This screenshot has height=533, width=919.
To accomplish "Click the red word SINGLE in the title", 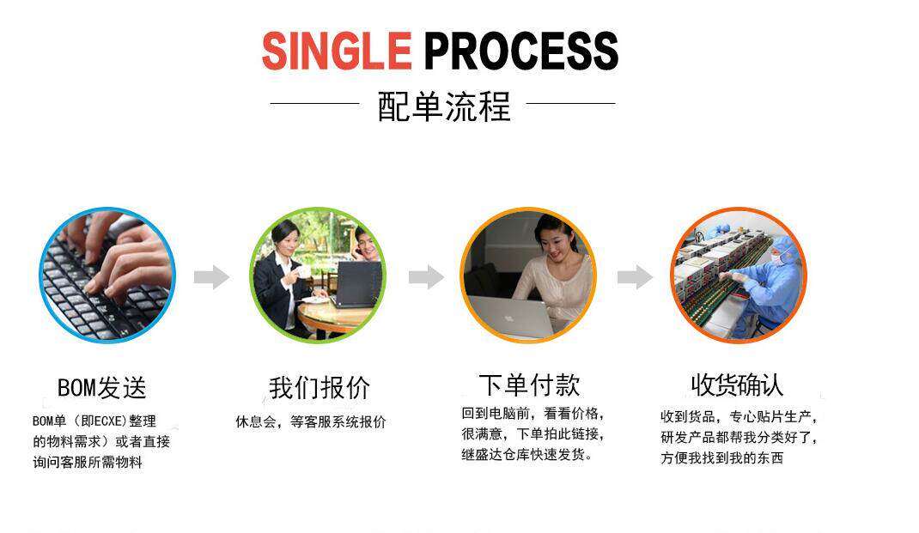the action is pyautogui.click(x=337, y=51).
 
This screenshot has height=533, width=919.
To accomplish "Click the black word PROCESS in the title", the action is pyautogui.click(x=520, y=51).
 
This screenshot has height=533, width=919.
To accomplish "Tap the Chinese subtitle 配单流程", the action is pyautogui.click(x=444, y=107).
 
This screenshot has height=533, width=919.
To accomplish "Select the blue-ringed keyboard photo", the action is pyautogui.click(x=107, y=275).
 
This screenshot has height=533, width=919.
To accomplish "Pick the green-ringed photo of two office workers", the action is pyautogui.click(x=318, y=275).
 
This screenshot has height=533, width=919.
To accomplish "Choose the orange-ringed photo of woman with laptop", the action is pyautogui.click(x=527, y=275).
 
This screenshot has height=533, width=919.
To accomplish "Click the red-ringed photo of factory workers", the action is pyautogui.click(x=738, y=275).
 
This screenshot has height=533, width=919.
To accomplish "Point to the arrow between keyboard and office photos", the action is pyautogui.click(x=211, y=277).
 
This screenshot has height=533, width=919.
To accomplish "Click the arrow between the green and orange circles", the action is pyautogui.click(x=425, y=277).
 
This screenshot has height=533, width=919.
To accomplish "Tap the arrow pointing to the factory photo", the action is pyautogui.click(x=635, y=277).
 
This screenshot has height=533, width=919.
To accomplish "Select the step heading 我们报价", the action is pyautogui.click(x=320, y=388).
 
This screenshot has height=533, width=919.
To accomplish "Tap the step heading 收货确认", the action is pyautogui.click(x=738, y=385).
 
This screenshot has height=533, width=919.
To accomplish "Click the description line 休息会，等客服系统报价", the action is pyautogui.click(x=311, y=422).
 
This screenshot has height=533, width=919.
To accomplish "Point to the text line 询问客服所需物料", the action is pyautogui.click(x=88, y=463).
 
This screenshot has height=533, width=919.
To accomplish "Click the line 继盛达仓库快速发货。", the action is pyautogui.click(x=526, y=455).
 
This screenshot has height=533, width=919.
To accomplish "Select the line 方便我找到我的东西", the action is pyautogui.click(x=721, y=458).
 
